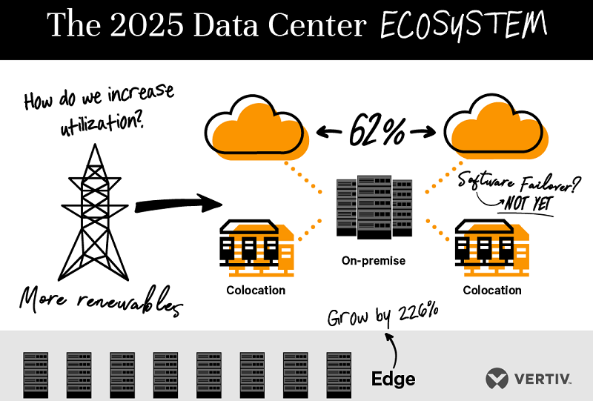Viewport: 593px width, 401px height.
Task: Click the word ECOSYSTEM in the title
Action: pos(464,24)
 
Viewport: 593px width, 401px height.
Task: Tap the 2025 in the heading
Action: pos(147,24)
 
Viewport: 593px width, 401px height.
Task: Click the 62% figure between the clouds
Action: pos(377,131)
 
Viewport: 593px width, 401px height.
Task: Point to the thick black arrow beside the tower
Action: pos(179,205)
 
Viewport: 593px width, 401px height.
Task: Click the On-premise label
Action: pos(374,261)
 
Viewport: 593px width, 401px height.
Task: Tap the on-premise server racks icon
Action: pos(374,207)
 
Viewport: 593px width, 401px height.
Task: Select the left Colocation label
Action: pos(256,290)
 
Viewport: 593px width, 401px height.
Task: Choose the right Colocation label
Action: pos(492,290)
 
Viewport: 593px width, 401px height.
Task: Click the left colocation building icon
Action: pos(256,248)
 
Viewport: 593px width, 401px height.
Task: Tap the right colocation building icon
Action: pos(491,248)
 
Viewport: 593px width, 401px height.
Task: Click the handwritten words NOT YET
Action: pos(528,204)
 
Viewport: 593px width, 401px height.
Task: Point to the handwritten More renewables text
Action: pos(102,301)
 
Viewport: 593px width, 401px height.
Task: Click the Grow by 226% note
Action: pos(382,315)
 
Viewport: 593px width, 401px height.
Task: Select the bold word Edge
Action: pos(394,379)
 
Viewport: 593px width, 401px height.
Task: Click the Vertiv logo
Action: pos(529,378)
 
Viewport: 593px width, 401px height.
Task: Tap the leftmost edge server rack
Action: pos(36,375)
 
